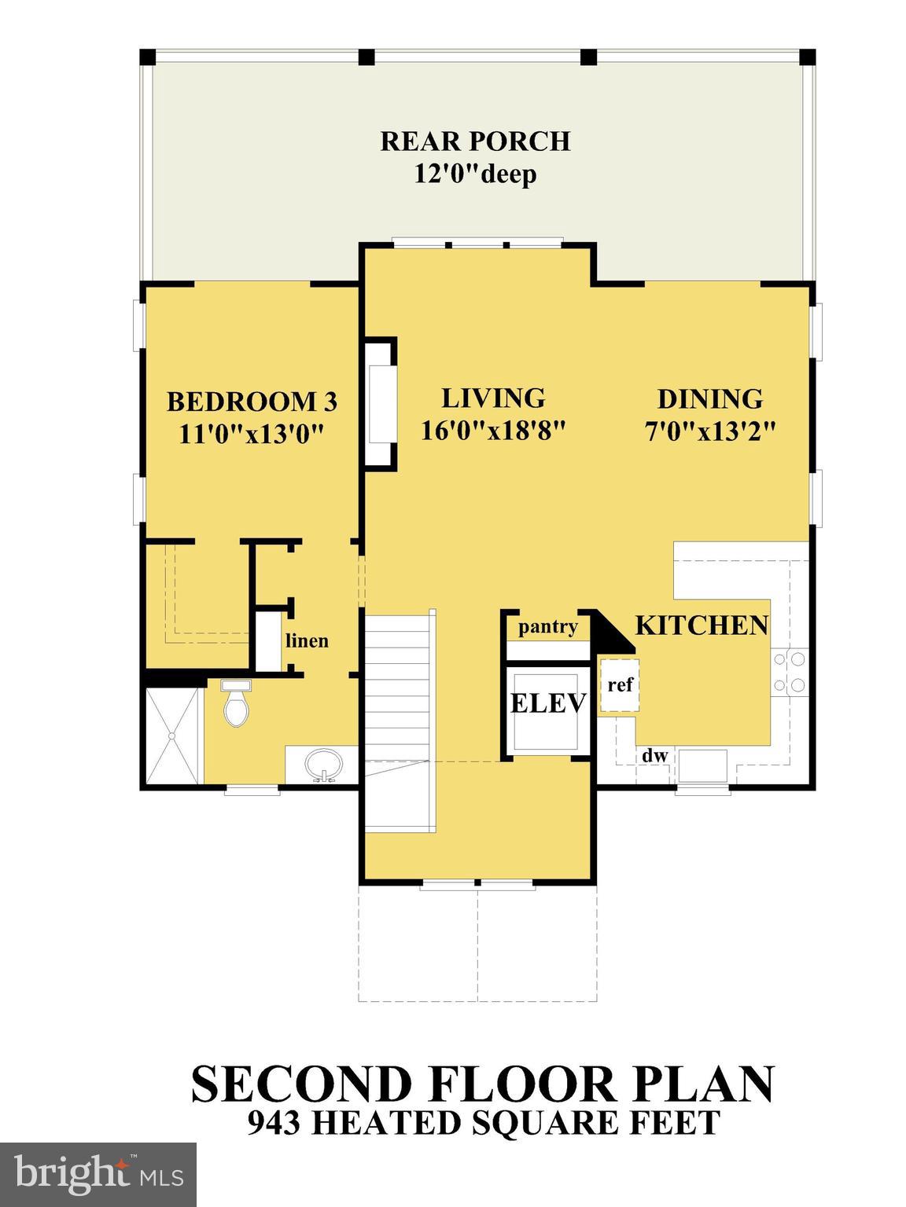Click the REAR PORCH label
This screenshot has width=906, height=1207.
475,141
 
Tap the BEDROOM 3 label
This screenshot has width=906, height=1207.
252,402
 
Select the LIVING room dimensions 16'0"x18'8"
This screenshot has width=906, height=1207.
493,431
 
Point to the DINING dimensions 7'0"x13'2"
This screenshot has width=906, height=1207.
710,431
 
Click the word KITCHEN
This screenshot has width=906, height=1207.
702,626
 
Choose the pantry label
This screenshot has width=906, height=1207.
548,627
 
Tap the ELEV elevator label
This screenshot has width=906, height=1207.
548,703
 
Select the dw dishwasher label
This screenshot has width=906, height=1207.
654,756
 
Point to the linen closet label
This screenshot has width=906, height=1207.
307,641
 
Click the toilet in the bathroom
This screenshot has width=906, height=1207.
236,704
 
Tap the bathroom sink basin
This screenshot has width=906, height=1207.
323,765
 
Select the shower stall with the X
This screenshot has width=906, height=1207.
172,735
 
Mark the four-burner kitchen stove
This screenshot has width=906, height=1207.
789,673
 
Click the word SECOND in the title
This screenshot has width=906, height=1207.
303,1084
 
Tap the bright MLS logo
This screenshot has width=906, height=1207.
98,1175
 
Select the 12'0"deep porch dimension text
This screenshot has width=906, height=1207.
475,173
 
